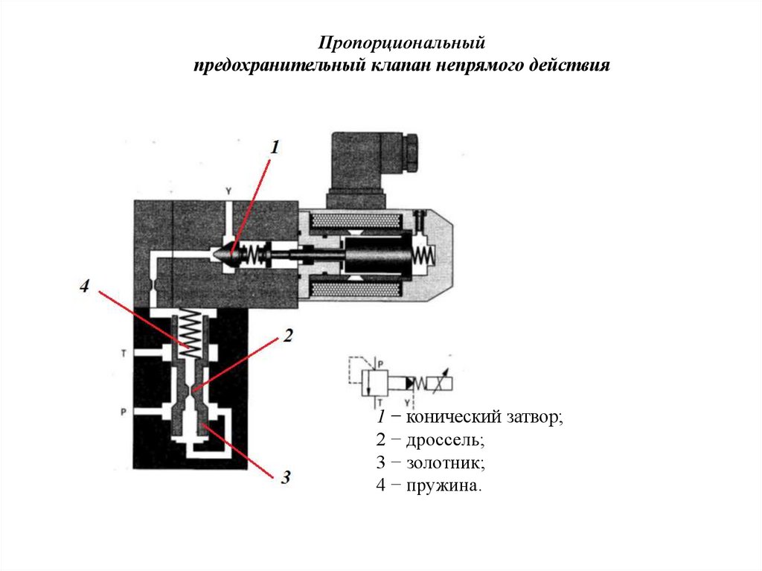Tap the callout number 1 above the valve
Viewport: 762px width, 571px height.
pyautogui.click(x=274, y=147)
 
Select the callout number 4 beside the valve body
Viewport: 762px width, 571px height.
pyautogui.click(x=86, y=286)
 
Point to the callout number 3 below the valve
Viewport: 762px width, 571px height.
pyautogui.click(x=285, y=477)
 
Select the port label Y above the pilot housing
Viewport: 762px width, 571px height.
pyautogui.click(x=228, y=191)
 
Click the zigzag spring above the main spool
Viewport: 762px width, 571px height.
pyautogui.click(x=191, y=333)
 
